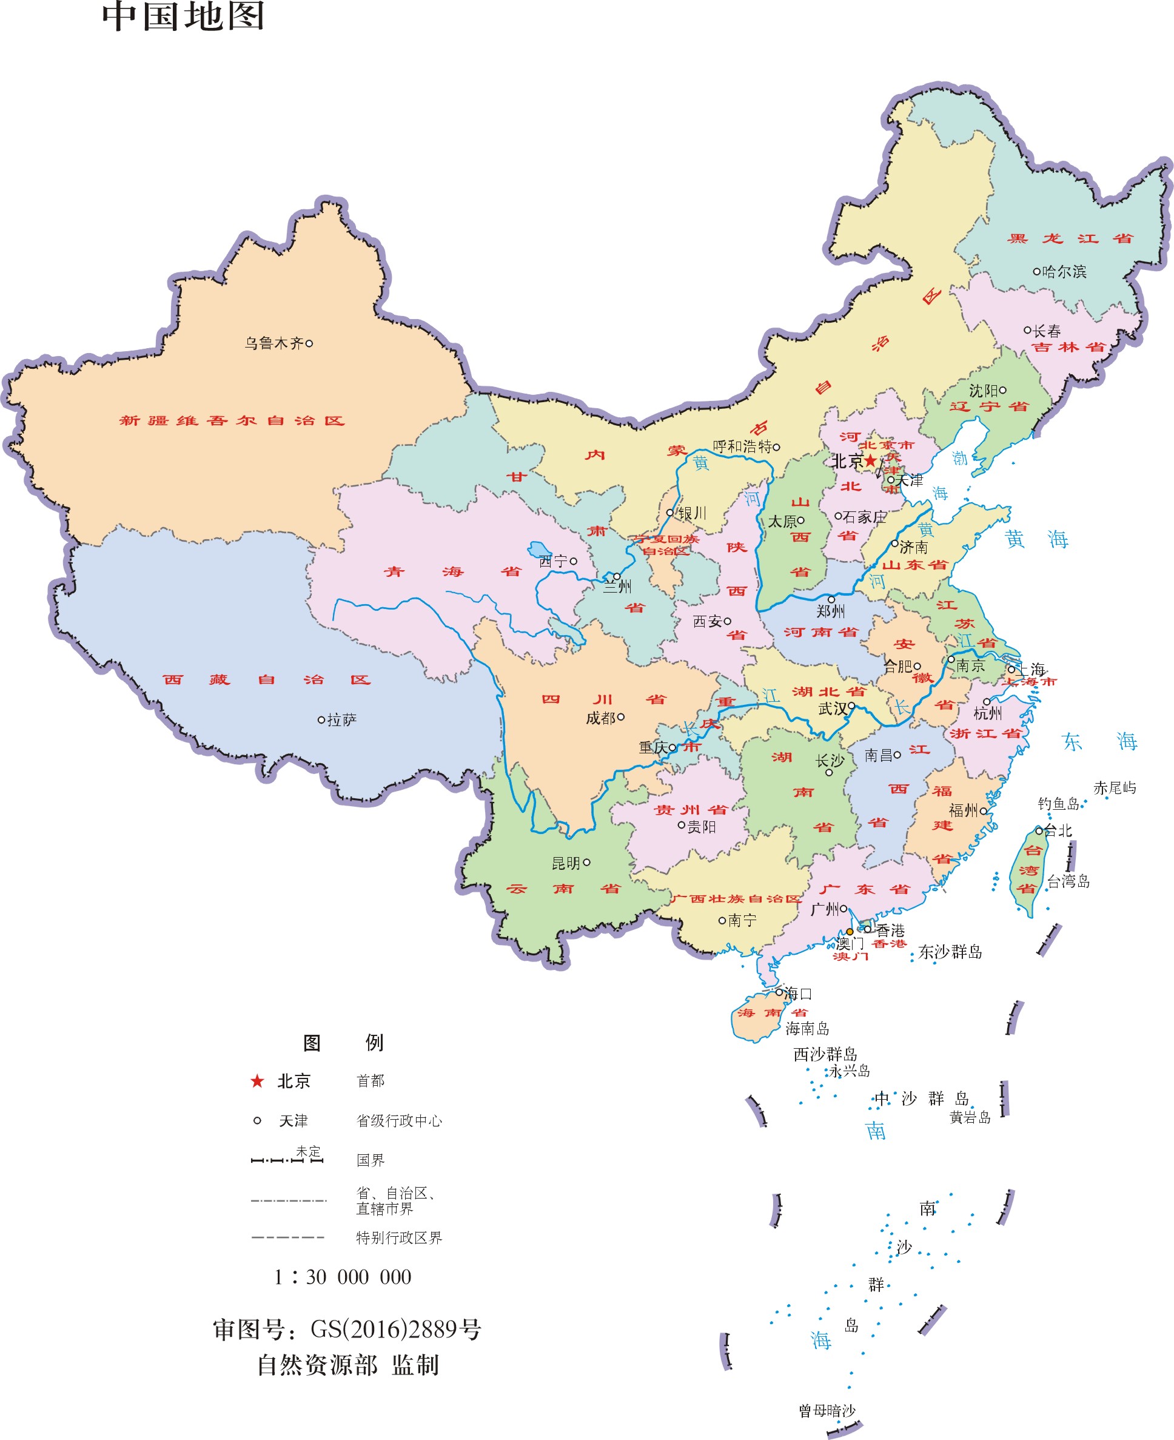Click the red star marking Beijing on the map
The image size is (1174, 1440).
click(x=870, y=460)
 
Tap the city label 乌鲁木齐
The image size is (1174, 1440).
click(x=274, y=343)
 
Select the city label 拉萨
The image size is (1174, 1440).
click(x=341, y=719)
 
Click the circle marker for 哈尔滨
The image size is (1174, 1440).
click(x=1036, y=271)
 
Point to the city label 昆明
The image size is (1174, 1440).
click(x=566, y=863)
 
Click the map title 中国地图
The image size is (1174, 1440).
click(x=183, y=16)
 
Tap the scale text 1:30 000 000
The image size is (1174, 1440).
click(x=342, y=1277)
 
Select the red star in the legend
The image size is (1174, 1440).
click(x=257, y=1081)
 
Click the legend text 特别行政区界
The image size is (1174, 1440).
click(x=399, y=1238)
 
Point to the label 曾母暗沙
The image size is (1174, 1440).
click(x=827, y=1411)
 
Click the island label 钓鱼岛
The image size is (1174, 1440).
click(x=1058, y=804)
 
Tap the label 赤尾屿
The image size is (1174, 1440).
click(x=1115, y=788)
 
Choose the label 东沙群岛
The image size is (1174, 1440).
click(x=950, y=952)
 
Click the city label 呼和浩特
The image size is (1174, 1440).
click(x=742, y=446)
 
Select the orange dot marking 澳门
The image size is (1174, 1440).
click(x=850, y=931)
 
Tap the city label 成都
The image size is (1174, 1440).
click(x=600, y=718)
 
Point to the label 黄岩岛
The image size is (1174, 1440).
click(x=970, y=1117)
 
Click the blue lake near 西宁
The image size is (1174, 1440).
click(x=539, y=548)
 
